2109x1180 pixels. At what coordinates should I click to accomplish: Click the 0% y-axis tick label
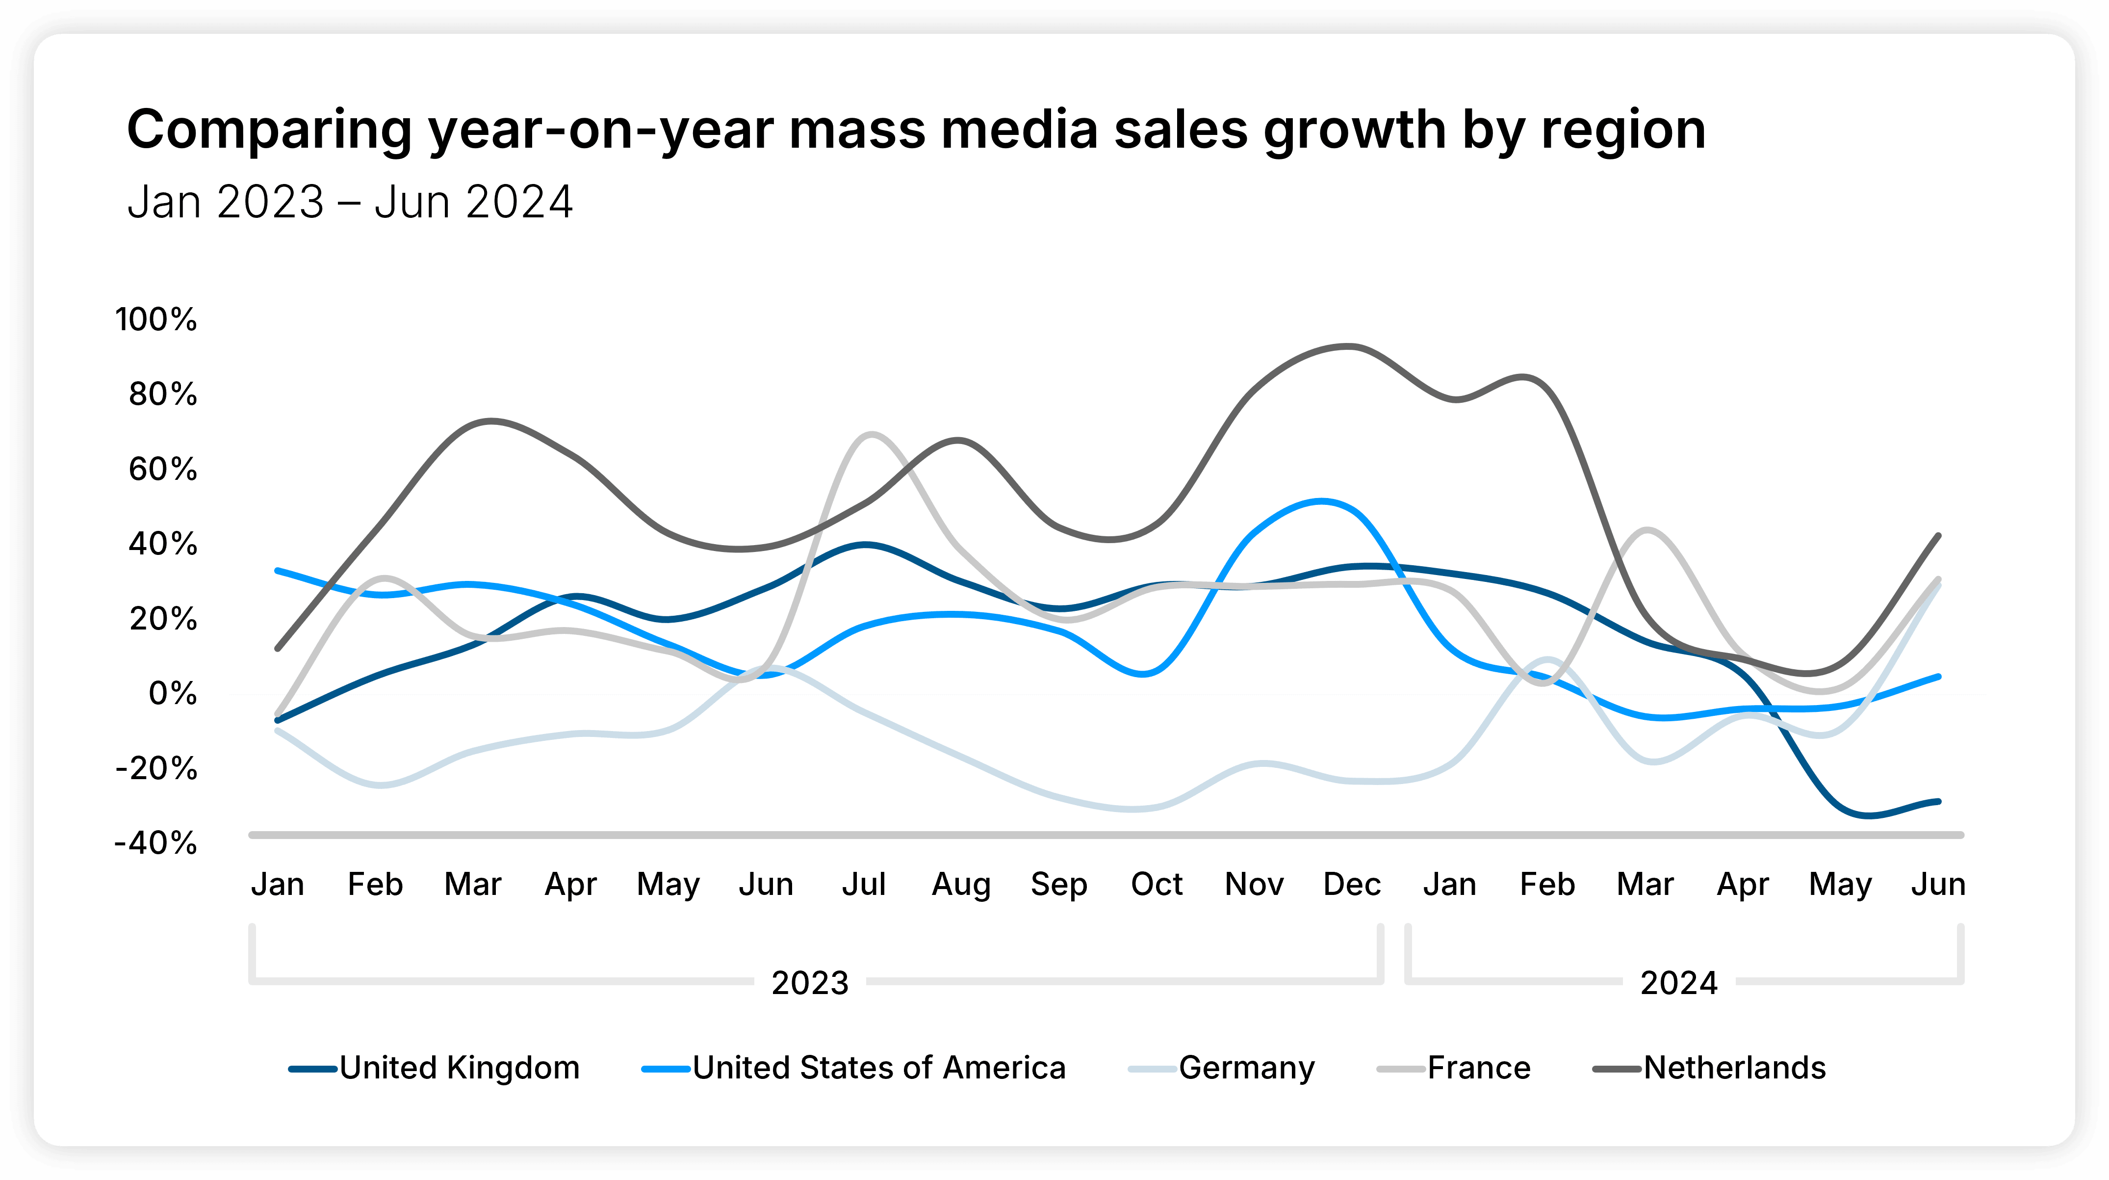tap(173, 694)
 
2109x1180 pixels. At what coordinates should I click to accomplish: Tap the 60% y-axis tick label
tap(163, 469)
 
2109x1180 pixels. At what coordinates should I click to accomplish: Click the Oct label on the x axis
tap(1156, 884)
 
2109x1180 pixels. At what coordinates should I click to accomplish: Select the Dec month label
tap(1352, 884)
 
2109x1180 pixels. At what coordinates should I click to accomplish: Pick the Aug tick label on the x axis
tap(961, 884)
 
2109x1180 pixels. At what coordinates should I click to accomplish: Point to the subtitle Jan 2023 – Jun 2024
tap(350, 202)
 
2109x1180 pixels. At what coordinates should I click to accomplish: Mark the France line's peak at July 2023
tap(870, 434)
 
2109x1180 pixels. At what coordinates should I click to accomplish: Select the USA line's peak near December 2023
tap(1321, 500)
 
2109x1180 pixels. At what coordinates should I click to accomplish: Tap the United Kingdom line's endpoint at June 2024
tap(1938, 801)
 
